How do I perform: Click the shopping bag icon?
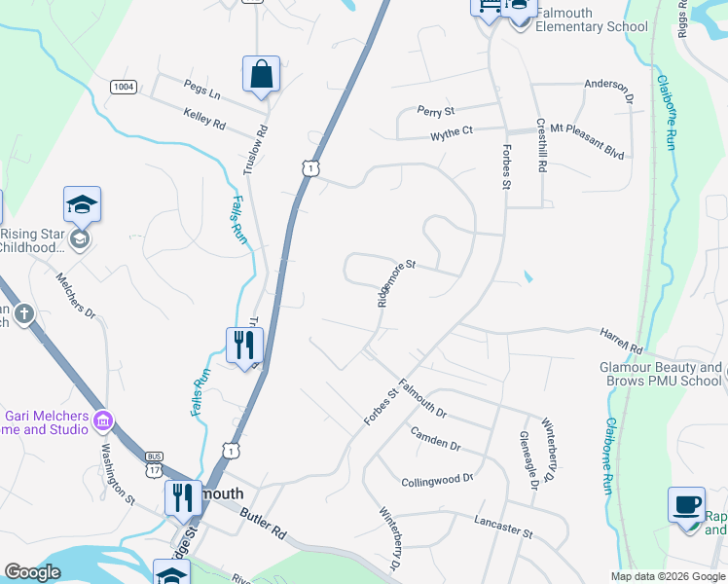point(261,74)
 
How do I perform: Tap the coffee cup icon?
point(686,504)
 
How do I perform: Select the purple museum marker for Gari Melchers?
point(102,421)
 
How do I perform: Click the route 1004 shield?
point(123,87)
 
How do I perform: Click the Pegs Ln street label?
point(202,94)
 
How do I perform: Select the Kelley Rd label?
point(204,120)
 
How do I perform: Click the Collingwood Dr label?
point(437,480)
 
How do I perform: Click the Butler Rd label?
point(264,527)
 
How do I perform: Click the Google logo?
point(33,572)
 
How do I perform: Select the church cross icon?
point(24,314)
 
